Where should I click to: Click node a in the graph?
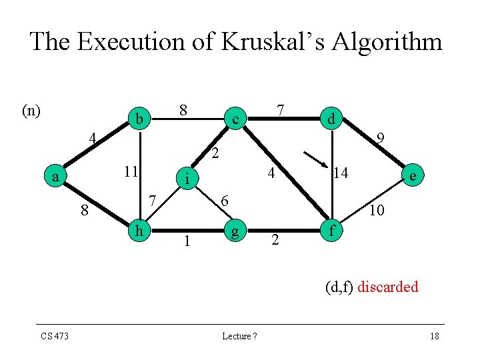pos(57,177)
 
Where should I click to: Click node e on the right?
pos(415,175)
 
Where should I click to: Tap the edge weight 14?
pos(341,173)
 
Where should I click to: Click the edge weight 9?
pos(380,139)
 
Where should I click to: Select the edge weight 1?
pos(187,241)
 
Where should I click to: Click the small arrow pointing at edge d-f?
pos(315,160)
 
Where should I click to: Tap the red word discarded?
pos(388,287)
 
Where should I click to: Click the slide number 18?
pos(434,336)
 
